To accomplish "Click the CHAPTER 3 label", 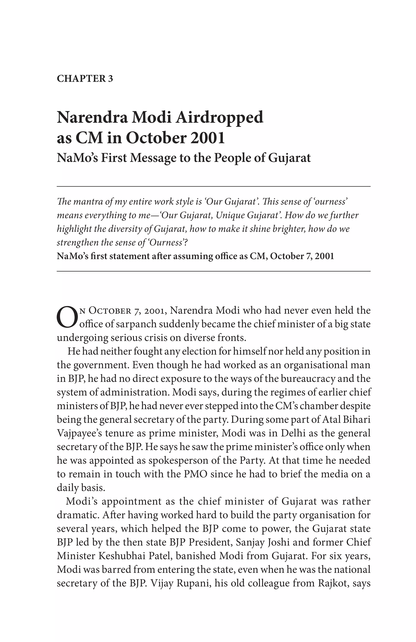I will tap(85, 79).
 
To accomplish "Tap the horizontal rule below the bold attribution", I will tap(213, 271).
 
